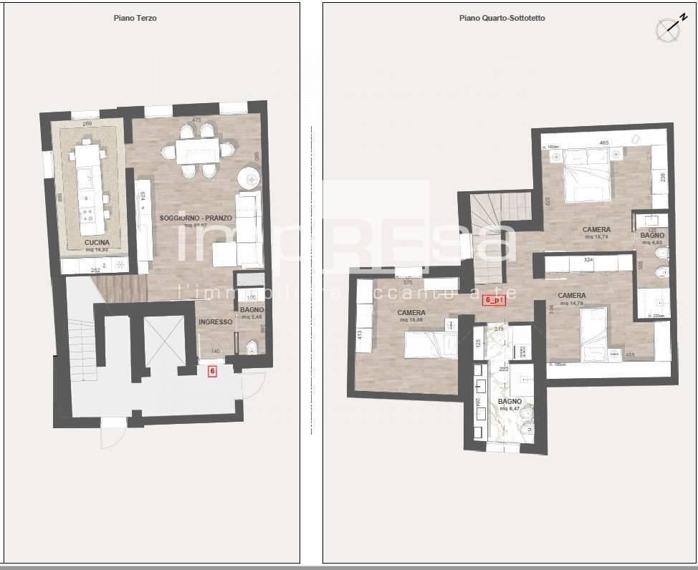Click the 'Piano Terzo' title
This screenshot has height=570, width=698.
click(x=135, y=19)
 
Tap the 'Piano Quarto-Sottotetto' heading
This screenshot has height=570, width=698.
click(x=502, y=19)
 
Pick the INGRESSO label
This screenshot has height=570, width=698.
click(x=216, y=322)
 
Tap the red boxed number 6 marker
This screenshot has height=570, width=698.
click(x=212, y=371)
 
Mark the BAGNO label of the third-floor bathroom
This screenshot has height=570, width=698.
click(x=252, y=309)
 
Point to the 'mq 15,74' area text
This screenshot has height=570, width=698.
click(x=596, y=237)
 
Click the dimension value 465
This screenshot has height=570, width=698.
click(x=604, y=143)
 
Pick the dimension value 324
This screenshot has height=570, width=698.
click(x=589, y=259)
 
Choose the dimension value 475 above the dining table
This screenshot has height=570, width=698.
click(x=196, y=120)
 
